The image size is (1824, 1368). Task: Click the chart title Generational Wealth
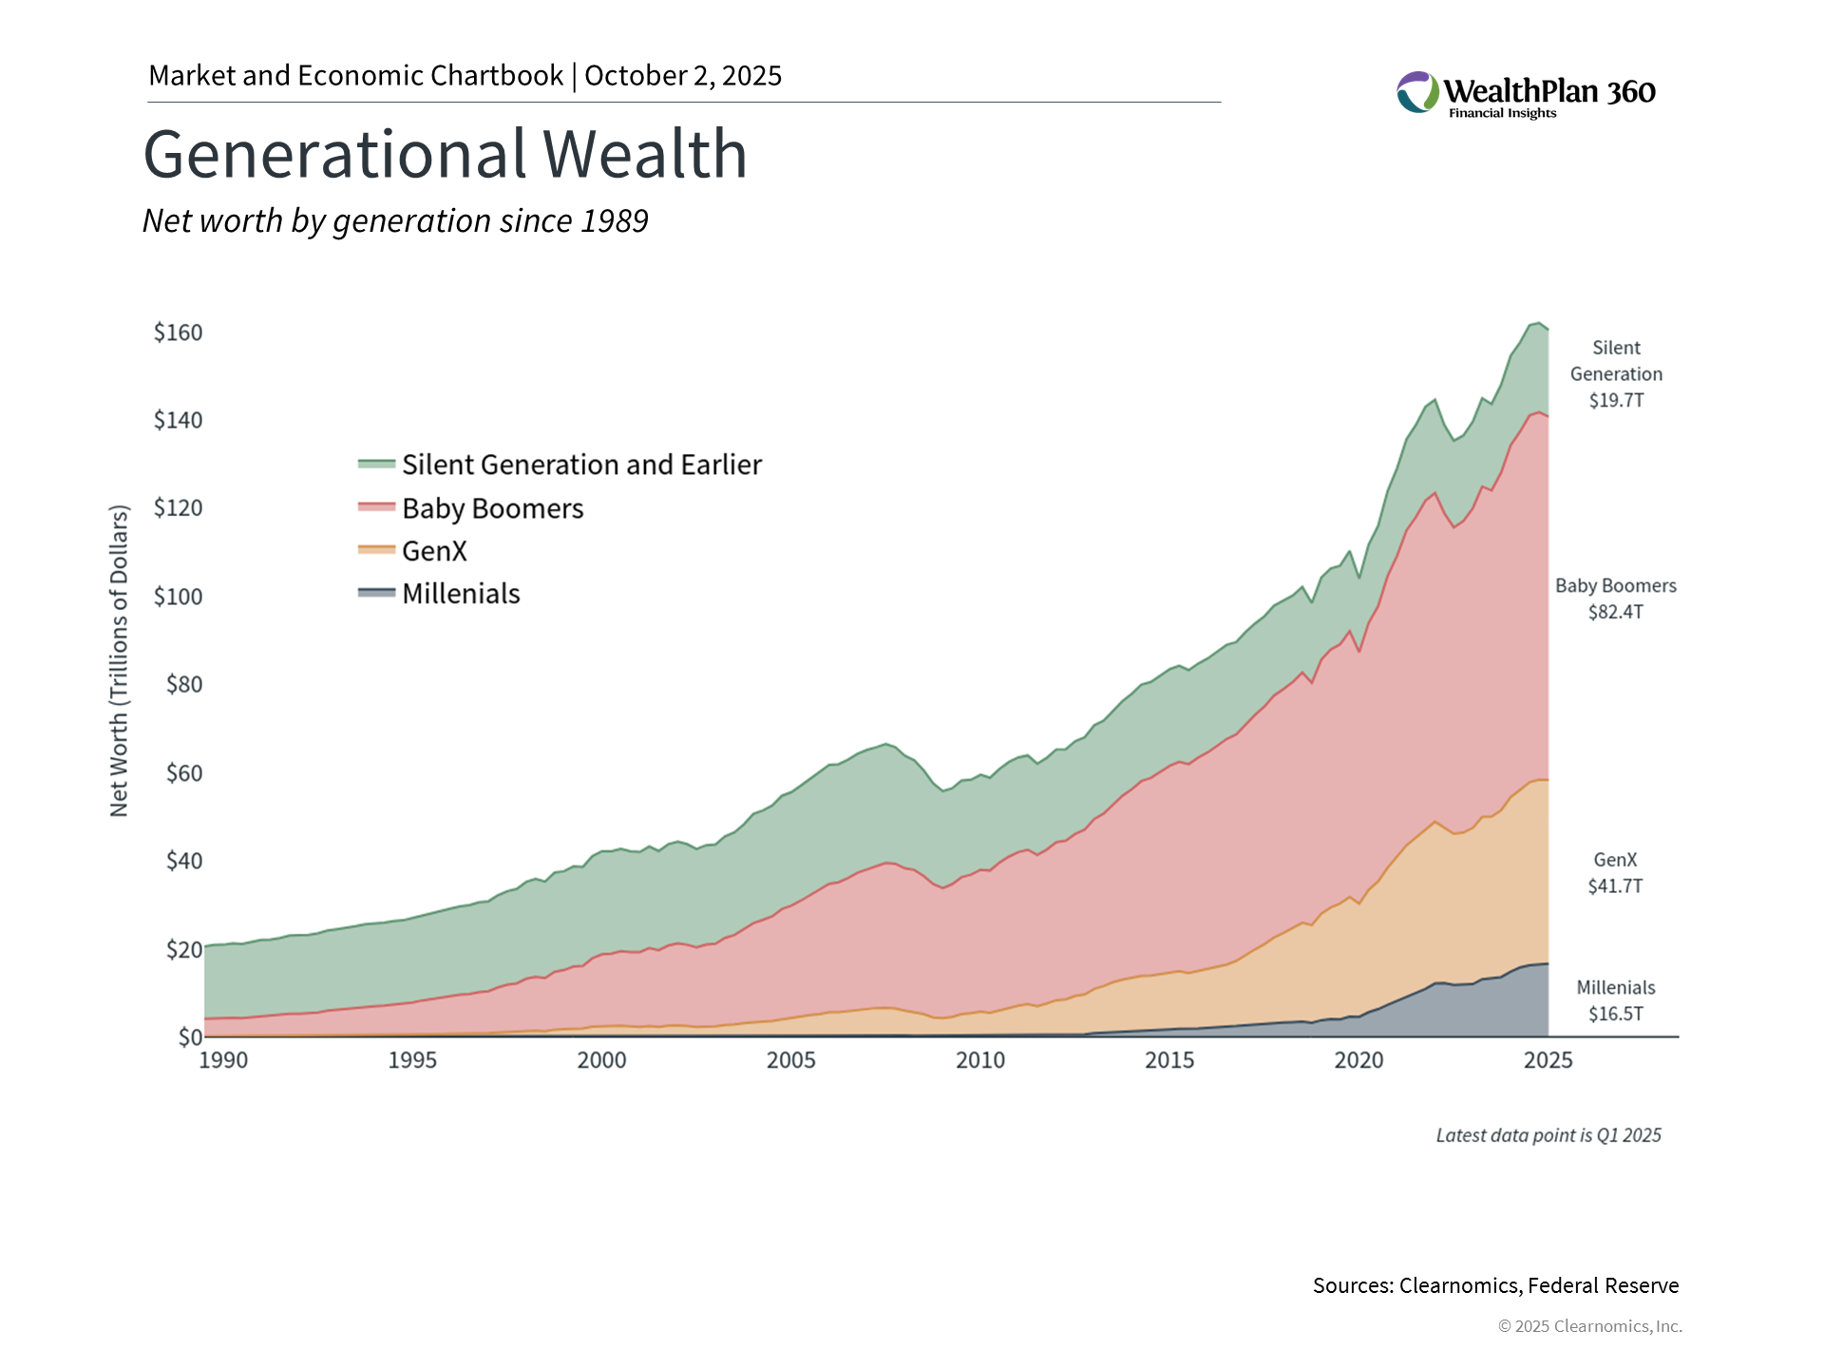click(x=445, y=154)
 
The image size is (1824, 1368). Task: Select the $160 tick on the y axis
click(x=179, y=332)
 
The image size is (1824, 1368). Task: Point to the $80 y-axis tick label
click(x=184, y=684)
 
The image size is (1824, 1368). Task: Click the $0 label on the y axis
click(x=190, y=1036)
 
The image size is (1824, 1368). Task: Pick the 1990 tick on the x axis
click(x=223, y=1060)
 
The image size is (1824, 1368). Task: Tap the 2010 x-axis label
click(x=980, y=1060)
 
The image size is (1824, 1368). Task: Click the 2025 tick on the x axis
click(x=1548, y=1060)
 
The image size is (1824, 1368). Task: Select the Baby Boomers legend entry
click(x=492, y=508)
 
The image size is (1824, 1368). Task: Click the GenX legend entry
click(x=434, y=551)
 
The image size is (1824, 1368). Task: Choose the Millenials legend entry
click(x=461, y=594)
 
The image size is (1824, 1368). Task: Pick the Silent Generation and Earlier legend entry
click(x=581, y=465)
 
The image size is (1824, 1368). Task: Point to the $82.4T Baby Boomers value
click(x=1616, y=612)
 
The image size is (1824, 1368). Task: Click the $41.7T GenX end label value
click(x=1616, y=886)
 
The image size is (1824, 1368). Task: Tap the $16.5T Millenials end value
click(x=1616, y=1014)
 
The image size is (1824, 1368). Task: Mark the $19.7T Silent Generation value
click(x=1616, y=400)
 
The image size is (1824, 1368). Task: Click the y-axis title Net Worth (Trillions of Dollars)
click(x=119, y=660)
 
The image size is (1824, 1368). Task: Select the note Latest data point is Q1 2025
click(x=1548, y=1135)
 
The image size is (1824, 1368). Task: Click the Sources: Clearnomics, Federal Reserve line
click(x=1495, y=1285)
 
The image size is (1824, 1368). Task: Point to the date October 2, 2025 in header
click(x=683, y=76)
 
